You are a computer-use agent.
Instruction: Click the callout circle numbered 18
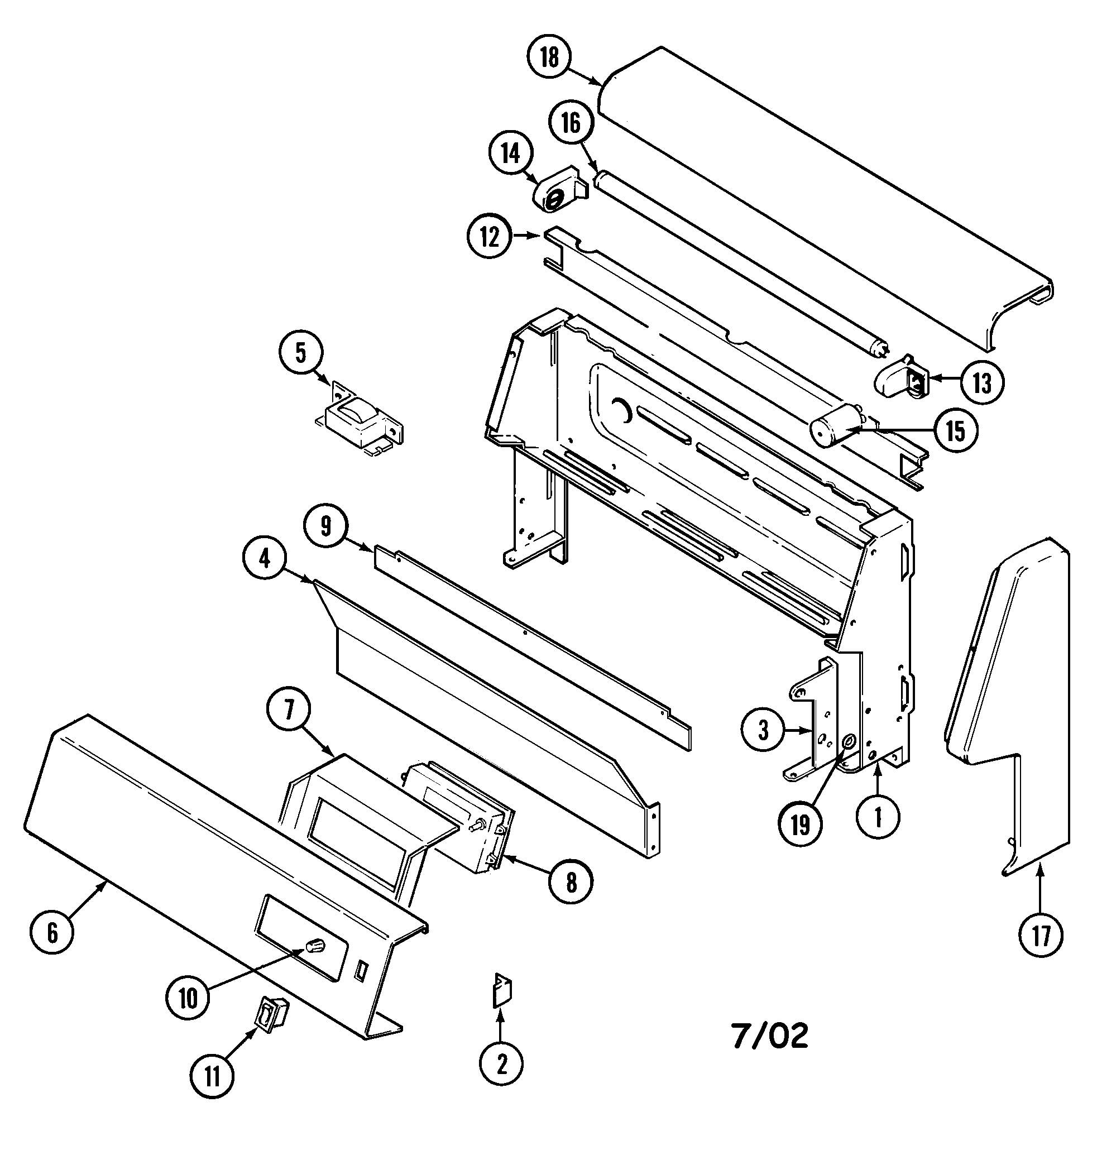tap(550, 57)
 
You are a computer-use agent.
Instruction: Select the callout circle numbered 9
tap(325, 526)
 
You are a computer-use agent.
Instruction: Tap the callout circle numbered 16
tap(571, 123)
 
